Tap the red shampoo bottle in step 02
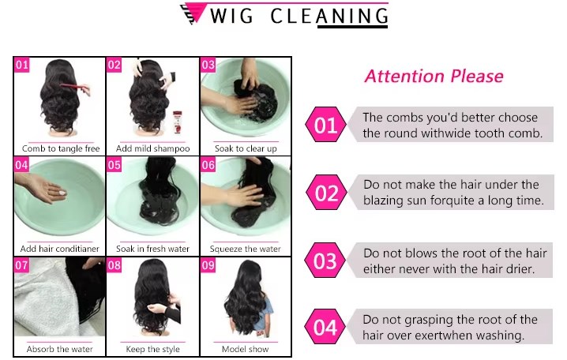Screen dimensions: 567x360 tap(177, 122)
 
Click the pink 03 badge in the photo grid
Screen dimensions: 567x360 tap(208, 65)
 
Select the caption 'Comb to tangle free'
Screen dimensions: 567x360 tap(61, 148)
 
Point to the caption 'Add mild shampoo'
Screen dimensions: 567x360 tap(153, 148)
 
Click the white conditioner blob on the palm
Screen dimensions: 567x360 tap(62, 193)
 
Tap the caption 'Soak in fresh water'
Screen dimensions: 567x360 tap(152, 249)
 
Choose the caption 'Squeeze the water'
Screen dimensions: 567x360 tap(245, 249)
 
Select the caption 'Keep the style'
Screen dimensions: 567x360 tap(152, 349)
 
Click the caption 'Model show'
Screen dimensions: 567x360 tap(245, 349)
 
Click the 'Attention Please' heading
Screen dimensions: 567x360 tap(434, 77)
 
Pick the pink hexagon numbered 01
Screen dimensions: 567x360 tap(325, 124)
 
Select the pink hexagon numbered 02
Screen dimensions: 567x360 tap(326, 193)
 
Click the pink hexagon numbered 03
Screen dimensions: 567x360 tap(325, 261)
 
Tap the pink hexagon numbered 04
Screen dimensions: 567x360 tap(325, 327)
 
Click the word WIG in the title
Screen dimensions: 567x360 tap(231, 16)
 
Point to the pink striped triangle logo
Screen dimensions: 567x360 tap(193, 13)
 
